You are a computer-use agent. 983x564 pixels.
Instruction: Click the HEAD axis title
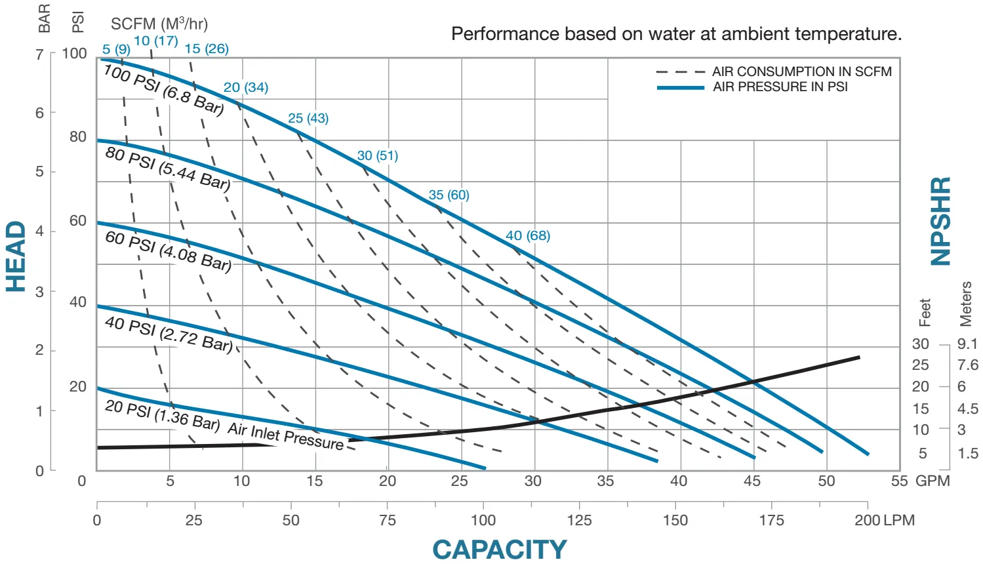[16, 256]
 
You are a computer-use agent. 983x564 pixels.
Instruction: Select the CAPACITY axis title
[499, 550]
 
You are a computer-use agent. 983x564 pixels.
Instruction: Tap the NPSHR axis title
[941, 221]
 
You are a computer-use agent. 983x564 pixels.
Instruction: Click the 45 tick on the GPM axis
[752, 481]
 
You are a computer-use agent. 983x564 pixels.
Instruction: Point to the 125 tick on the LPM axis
[579, 521]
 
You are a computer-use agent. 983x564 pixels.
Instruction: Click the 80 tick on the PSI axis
[78, 137]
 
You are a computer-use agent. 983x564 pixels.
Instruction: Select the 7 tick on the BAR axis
[40, 54]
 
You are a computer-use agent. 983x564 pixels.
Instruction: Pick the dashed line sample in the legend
[680, 71]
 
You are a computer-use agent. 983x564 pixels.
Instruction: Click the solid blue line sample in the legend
[680, 87]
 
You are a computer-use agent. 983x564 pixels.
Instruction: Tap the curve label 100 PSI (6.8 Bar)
[163, 89]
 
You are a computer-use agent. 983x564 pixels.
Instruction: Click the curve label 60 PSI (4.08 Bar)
[168, 250]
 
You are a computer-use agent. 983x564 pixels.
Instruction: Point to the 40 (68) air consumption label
[527, 235]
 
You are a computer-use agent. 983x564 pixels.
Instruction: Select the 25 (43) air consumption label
[308, 118]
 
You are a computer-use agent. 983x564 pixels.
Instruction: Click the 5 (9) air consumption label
[116, 49]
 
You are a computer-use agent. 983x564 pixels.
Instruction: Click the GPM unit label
[933, 481]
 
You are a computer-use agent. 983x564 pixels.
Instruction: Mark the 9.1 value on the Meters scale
[967, 344]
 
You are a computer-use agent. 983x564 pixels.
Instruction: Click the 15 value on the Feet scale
[921, 409]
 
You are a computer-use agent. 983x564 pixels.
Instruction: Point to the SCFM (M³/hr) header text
[159, 24]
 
